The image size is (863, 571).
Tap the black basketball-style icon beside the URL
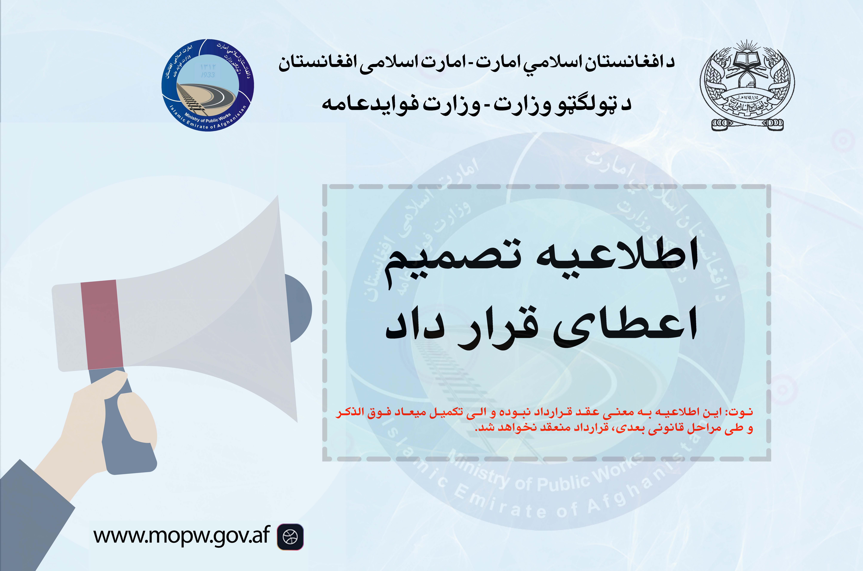[290, 536]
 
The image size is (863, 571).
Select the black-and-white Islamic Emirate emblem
[747, 86]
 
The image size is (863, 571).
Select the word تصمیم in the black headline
[452, 260]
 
